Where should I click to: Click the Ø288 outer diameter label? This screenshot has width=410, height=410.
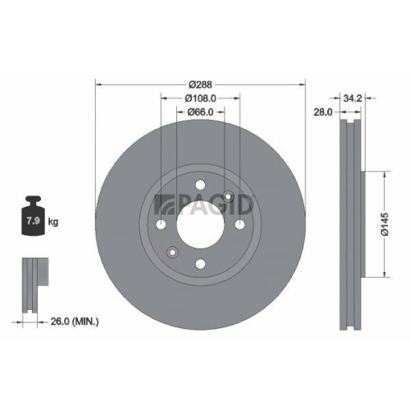(x=200, y=84)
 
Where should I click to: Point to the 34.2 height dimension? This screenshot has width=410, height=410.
(x=355, y=98)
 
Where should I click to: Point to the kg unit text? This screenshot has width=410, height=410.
(x=52, y=222)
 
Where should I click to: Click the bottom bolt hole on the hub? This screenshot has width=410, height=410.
(x=200, y=263)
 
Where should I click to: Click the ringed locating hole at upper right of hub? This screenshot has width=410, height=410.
(x=228, y=197)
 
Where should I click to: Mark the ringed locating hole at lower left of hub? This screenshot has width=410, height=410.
(x=172, y=252)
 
